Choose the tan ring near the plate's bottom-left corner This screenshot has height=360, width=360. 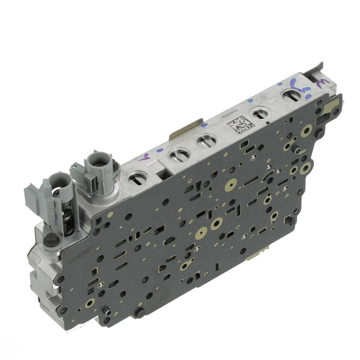point(90,302)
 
